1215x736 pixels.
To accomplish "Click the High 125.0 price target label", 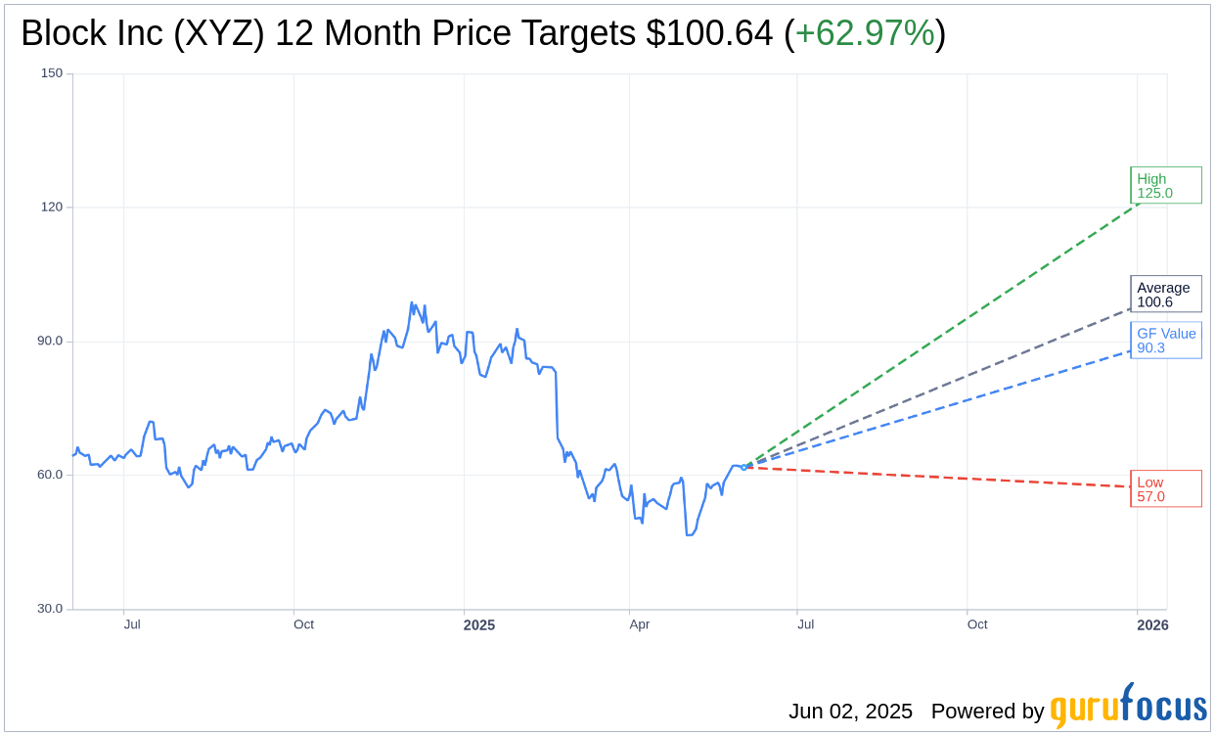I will point(1165,185).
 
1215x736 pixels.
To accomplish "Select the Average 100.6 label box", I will point(1165,294).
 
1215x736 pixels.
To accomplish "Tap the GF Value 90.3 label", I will point(1165,340).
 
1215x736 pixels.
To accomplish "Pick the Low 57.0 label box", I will point(1165,488).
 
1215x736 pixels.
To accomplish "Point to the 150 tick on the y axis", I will point(52,73).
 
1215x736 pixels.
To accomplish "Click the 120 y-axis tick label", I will point(52,207).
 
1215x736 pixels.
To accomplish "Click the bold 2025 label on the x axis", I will point(478,625).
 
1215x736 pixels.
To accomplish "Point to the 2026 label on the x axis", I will point(1152,625).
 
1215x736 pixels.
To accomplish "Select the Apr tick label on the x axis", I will point(640,624).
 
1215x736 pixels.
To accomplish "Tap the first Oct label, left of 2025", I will point(303,624).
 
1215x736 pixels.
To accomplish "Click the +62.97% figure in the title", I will point(865,33).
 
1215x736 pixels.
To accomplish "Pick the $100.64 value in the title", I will point(709,33).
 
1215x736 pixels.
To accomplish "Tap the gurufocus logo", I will point(1128,707).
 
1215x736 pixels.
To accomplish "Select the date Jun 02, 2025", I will point(850,712).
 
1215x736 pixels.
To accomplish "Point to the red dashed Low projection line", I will point(939,477).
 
